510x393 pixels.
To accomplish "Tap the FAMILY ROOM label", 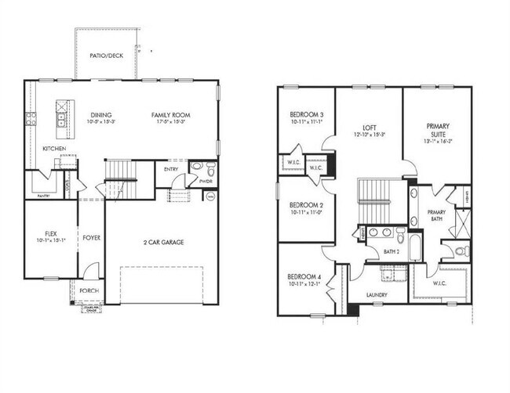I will (171, 115).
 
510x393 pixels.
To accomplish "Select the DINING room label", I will (101, 115).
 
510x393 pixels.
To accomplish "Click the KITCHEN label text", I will (54, 149).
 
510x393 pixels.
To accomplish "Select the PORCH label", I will (89, 291).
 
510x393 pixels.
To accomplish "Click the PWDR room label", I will (206, 181).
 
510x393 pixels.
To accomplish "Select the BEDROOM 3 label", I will (305, 115).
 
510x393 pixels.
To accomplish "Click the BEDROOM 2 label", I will (305, 204).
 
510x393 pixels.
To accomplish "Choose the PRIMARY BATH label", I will (437, 216).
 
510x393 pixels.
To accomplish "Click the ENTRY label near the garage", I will (171, 169).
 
